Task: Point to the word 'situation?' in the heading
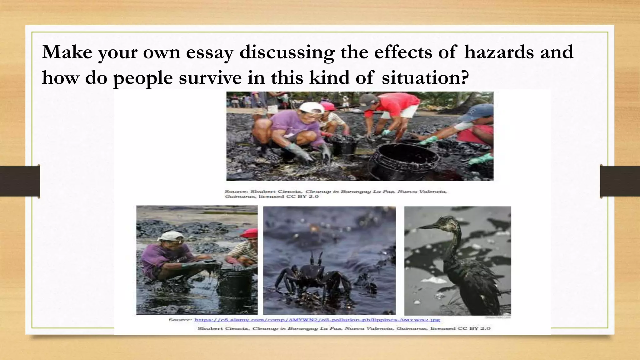pos(426,78)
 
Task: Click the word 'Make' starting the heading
pos(67,52)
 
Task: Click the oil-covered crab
pos(312,275)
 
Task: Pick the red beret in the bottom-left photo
pos(250,233)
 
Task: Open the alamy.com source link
pos(317,320)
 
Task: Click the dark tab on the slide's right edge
pos(620,181)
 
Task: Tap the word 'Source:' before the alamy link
pos(180,320)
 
